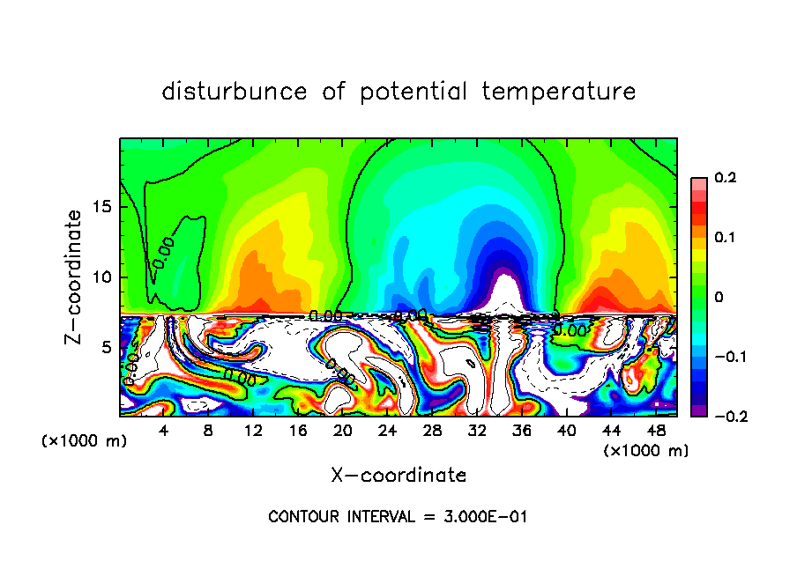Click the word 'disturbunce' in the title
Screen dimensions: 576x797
[235, 92]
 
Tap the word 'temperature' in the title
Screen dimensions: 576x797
[559, 92]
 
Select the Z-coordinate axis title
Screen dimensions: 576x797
[74, 277]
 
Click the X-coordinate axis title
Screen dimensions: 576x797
[398, 476]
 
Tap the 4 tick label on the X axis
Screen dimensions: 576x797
[164, 432]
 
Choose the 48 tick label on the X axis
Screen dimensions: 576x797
[655, 432]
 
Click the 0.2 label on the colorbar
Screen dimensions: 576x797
[725, 178]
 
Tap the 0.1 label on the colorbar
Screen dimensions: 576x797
[725, 237]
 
